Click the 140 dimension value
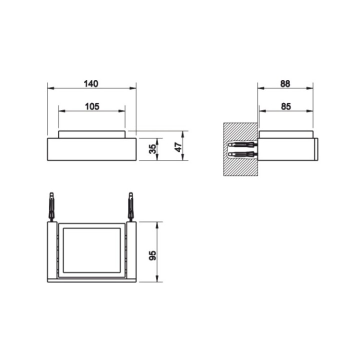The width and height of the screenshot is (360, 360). coord(91,83)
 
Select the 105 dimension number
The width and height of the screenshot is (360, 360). coord(91,106)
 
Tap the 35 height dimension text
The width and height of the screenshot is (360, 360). coord(153,148)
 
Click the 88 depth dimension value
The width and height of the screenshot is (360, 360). coord(285,83)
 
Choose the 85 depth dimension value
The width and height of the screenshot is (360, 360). coord(286,106)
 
